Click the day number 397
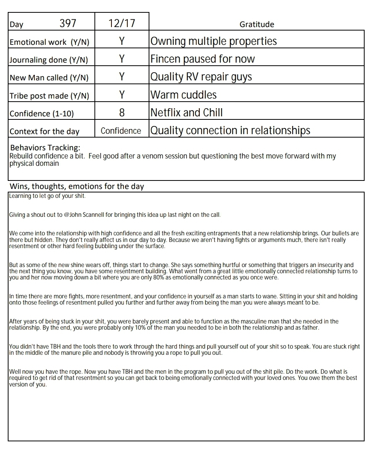click(68, 24)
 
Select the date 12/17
click(122, 24)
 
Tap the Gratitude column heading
click(257, 24)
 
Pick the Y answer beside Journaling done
click(122, 59)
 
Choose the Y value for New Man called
click(122, 77)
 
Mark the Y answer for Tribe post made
click(122, 95)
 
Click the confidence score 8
click(122, 112)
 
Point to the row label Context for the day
click(45, 131)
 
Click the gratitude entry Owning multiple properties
click(213, 41)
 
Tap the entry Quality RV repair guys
click(201, 77)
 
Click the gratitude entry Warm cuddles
click(183, 95)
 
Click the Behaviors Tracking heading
click(45, 148)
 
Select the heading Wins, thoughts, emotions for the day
click(77, 186)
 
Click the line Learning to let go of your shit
click(47, 196)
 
